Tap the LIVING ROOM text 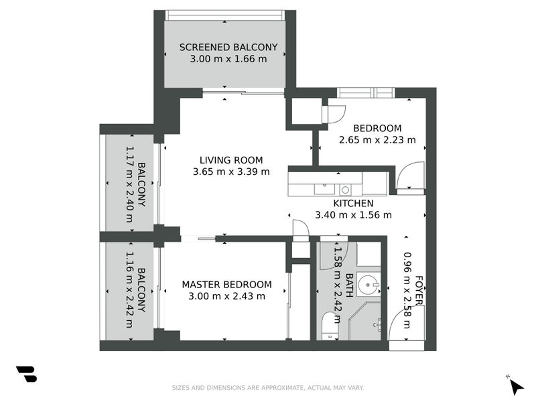click(231, 160)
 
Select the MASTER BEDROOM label click(227, 284)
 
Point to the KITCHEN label click(353, 204)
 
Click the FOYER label click(419, 290)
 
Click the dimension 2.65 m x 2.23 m click(377, 140)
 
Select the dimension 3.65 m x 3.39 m click(231, 172)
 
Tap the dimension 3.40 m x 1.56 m click(353, 215)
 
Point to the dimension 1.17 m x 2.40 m click(129, 179)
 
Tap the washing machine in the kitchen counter click(345, 190)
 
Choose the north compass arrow click(515, 386)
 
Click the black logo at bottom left click(26, 374)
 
